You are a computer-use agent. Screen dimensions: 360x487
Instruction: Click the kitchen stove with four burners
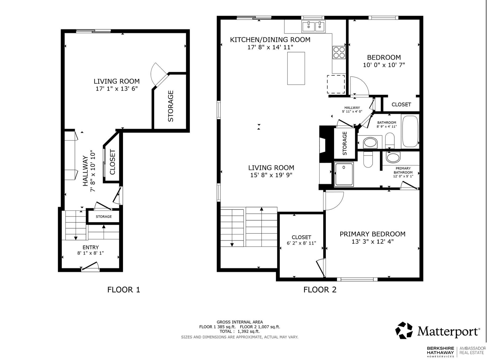tap(339, 52)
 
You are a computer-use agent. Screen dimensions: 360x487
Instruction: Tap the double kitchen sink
tap(313, 27)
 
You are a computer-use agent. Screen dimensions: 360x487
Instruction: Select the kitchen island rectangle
tap(296, 68)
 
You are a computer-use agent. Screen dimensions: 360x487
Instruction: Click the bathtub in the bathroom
tap(410, 131)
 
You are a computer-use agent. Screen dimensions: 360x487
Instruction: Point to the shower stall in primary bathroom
tap(344, 174)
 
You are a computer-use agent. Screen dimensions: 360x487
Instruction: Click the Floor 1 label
tap(123, 289)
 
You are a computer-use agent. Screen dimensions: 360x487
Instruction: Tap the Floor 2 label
tap(320, 289)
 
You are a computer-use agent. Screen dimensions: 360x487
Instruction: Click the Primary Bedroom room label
tap(372, 234)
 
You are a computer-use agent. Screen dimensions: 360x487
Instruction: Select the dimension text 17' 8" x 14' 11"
tap(270, 47)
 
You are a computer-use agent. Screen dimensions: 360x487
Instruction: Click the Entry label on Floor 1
tap(91, 247)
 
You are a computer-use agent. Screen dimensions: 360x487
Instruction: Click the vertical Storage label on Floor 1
tap(171, 106)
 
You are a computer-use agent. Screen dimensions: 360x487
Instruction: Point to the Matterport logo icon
tap(404, 330)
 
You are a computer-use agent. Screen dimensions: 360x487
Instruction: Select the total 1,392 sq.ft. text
tap(240, 331)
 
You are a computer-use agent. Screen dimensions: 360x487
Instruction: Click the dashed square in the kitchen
tap(336, 84)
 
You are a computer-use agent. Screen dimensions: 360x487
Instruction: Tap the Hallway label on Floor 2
tap(352, 108)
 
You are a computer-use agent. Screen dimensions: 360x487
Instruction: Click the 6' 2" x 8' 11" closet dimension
tap(301, 243)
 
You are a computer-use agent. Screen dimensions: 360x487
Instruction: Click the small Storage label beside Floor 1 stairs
tap(104, 216)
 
